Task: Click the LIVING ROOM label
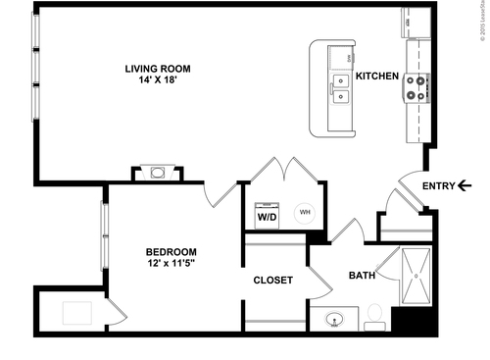(158, 69)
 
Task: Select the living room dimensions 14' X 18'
(158, 80)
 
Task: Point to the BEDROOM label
(172, 251)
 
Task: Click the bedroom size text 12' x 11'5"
(172, 263)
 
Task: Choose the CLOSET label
(272, 281)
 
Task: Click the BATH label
(363, 276)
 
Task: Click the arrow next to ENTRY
(463, 186)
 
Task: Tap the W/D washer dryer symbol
(267, 216)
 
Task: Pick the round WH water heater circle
(304, 211)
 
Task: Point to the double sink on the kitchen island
(340, 89)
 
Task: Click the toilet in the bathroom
(374, 316)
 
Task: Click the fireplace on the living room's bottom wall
(158, 174)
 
